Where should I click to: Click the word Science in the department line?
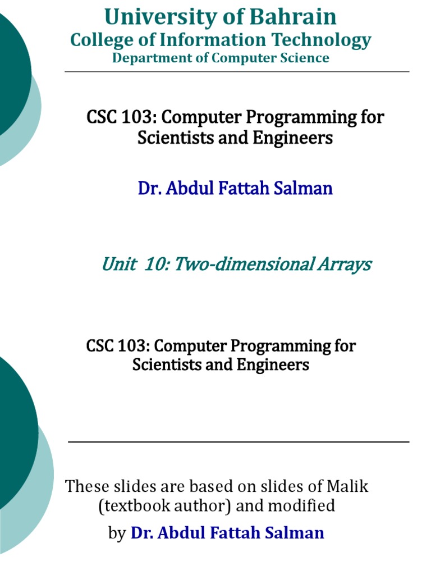point(304,58)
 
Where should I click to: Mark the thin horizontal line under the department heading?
point(237,72)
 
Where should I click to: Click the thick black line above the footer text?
point(239,442)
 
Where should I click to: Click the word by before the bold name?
point(117,533)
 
